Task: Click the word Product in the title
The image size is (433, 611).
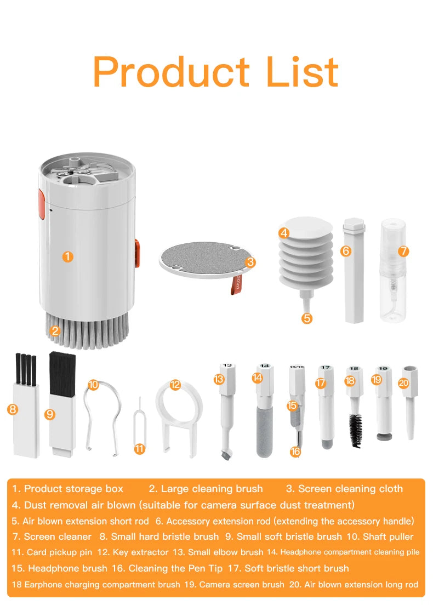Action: (x=171, y=72)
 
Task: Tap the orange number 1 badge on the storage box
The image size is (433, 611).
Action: (x=68, y=256)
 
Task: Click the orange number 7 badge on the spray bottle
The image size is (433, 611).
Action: (x=403, y=251)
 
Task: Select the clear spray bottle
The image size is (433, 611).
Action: (x=392, y=274)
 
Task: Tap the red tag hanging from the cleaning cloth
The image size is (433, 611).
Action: (x=236, y=284)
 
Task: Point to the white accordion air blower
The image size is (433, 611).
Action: (x=306, y=258)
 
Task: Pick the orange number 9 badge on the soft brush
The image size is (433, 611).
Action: (x=50, y=414)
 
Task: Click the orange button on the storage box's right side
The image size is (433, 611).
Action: (x=137, y=253)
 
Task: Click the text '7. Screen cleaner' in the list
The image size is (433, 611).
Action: (x=52, y=536)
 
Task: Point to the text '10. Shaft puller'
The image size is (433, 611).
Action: (x=382, y=536)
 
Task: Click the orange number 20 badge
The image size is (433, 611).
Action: (x=403, y=383)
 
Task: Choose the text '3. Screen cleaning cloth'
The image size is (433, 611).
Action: (x=344, y=489)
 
